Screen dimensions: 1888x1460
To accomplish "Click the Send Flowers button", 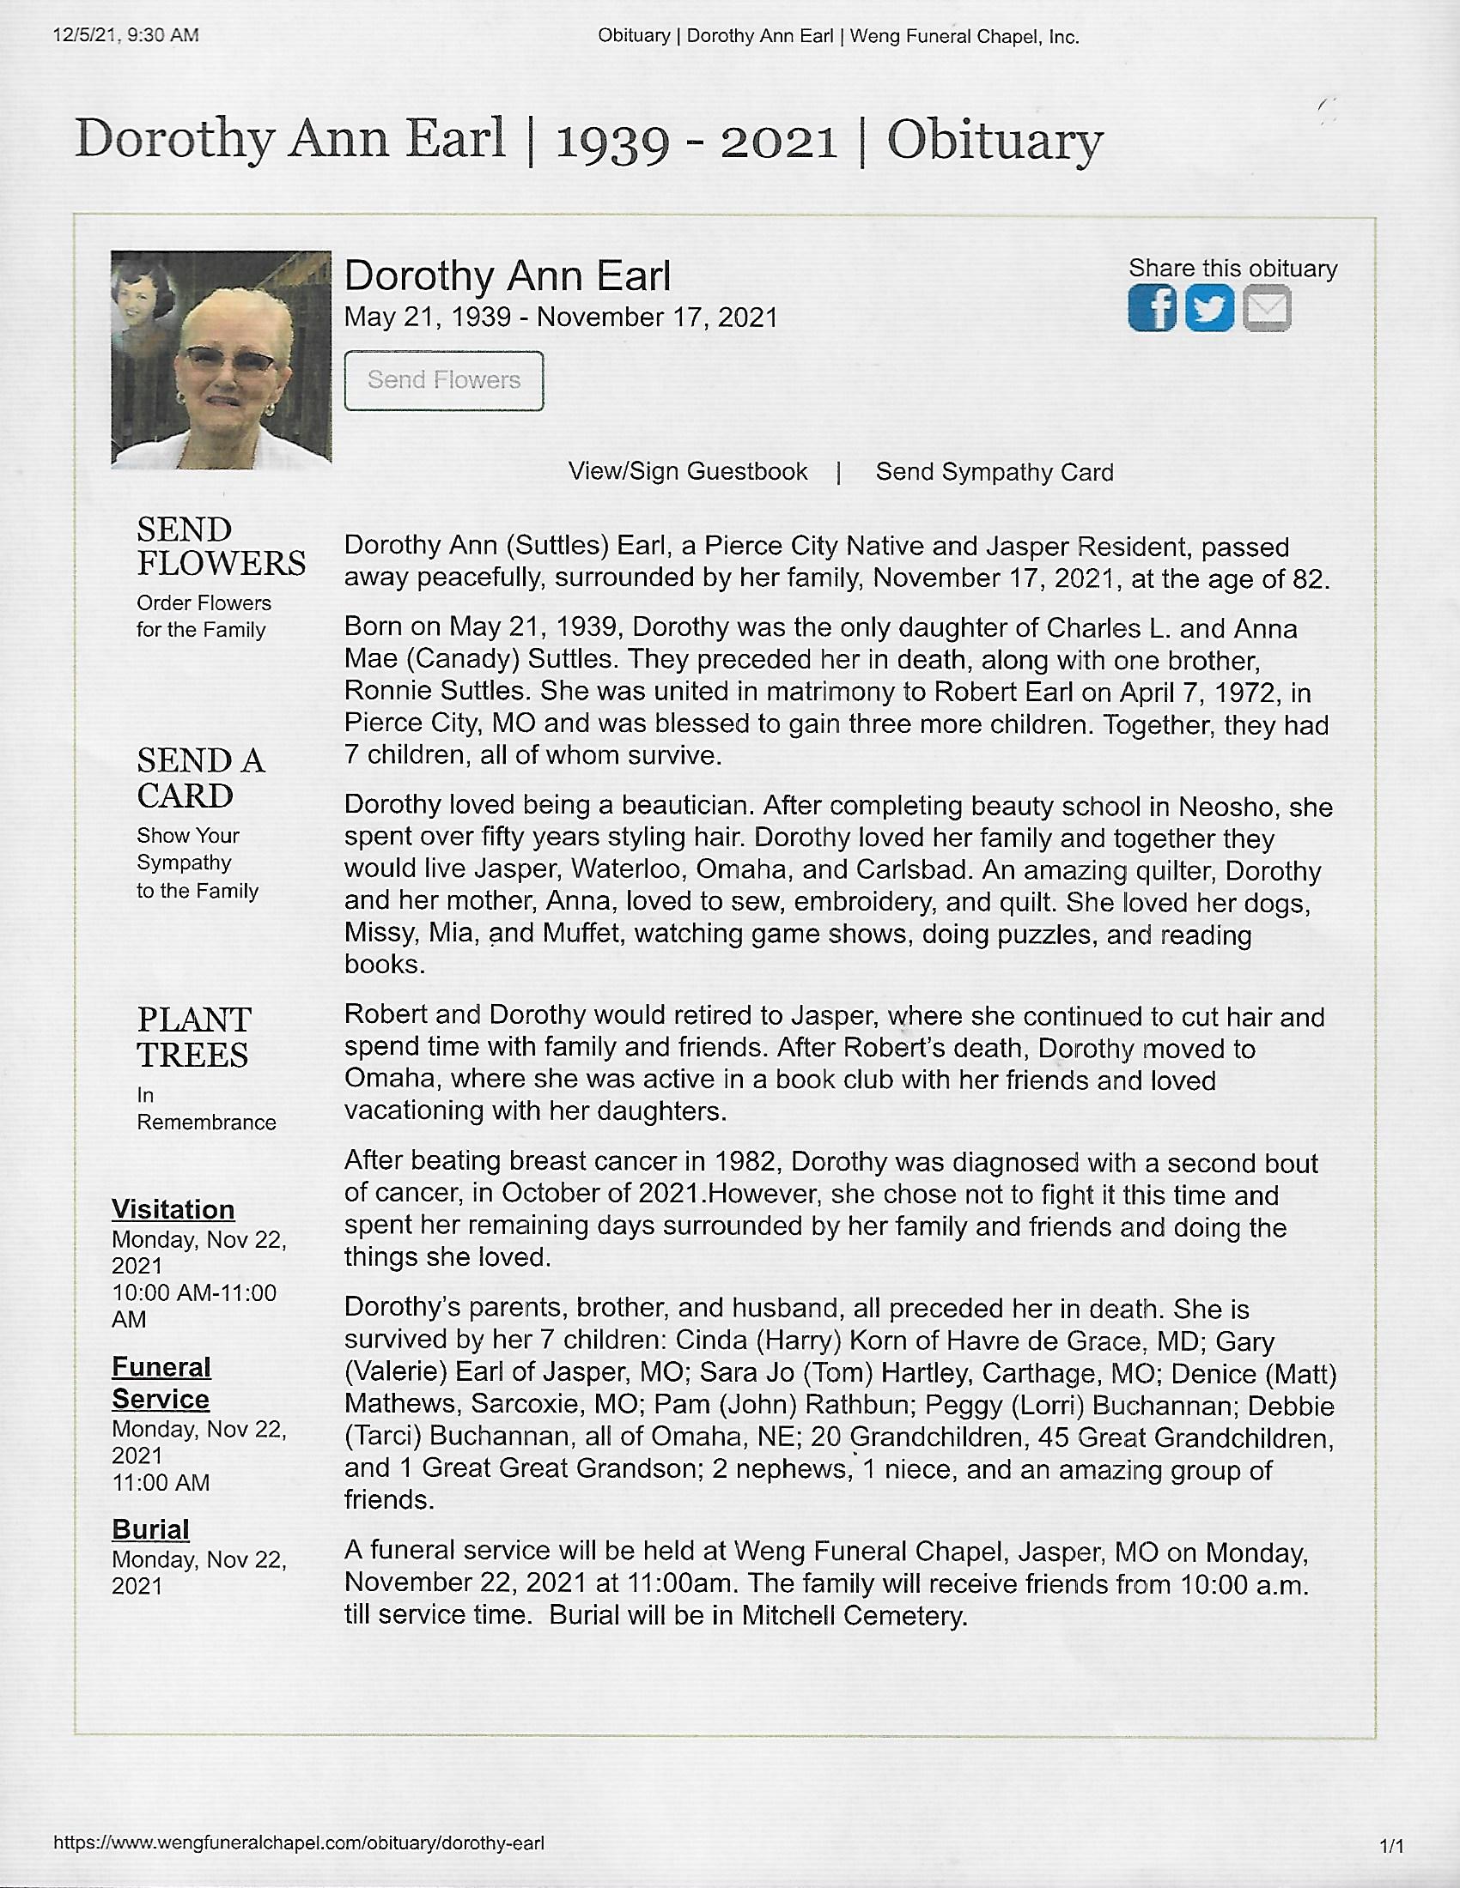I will [444, 380].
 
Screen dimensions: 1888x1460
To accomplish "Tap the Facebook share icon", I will [1151, 308].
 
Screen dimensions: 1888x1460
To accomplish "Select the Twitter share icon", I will [1208, 308].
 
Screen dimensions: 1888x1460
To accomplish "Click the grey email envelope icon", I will [1267, 308].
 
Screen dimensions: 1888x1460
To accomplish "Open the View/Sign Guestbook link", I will [688, 472].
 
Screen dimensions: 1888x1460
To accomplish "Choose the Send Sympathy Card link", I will [994, 472].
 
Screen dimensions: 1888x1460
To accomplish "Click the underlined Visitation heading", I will [173, 1209].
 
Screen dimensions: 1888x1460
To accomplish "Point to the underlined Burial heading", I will [150, 1529].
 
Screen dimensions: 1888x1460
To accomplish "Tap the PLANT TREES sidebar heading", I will [194, 1038].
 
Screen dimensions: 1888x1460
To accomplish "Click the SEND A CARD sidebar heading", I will [201, 778].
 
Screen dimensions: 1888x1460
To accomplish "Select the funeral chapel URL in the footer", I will [299, 1843].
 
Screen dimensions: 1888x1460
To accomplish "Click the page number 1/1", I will [1391, 1848].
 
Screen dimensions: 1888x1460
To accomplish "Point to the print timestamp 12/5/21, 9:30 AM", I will [125, 35].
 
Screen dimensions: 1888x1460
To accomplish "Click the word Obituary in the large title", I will [995, 141].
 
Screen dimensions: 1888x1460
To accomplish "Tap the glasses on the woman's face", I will [230, 358].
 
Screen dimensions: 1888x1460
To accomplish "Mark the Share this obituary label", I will [1232, 269].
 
